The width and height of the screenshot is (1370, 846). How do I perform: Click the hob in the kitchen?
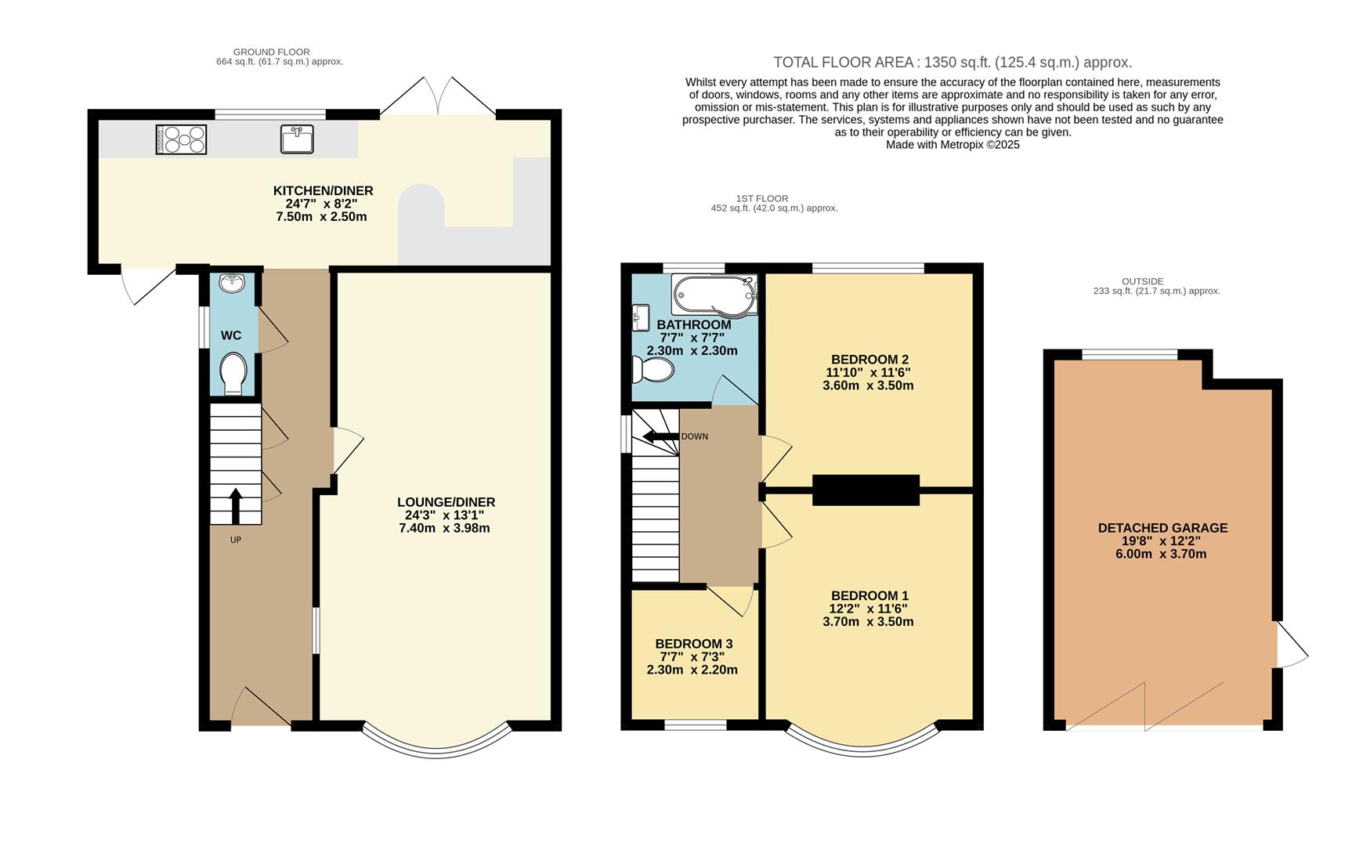coord(181,139)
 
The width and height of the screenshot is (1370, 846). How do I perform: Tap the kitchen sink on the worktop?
coord(297,139)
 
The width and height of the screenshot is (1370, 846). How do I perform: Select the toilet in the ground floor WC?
coord(233,374)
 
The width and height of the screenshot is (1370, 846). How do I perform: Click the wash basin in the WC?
coord(232,283)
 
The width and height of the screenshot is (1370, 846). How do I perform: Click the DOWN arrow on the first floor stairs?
coord(660,436)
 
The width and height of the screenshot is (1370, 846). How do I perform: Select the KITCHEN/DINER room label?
coord(323,191)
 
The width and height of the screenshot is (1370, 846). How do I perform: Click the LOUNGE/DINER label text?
coord(446,503)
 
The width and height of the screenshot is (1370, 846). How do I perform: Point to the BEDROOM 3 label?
coord(694,644)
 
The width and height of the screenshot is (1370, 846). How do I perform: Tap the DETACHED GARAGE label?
coord(1162,528)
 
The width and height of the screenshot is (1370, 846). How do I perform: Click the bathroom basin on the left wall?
coord(640,318)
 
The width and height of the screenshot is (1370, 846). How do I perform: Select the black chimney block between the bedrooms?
coord(866,490)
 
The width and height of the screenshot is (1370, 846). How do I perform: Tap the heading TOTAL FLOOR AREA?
coord(845,63)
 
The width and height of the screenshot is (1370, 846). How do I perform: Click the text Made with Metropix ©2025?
coord(952,145)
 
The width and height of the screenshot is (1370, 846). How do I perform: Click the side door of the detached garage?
coord(1292,644)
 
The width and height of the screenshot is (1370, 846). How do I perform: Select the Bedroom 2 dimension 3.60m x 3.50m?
coord(868,385)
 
